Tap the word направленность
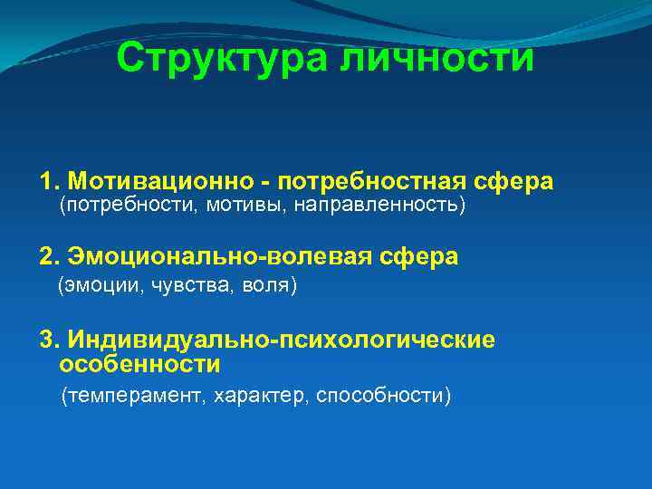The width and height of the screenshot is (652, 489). tap(379, 206)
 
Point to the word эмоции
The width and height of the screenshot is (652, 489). tap(98, 286)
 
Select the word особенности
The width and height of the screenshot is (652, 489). tap(139, 364)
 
